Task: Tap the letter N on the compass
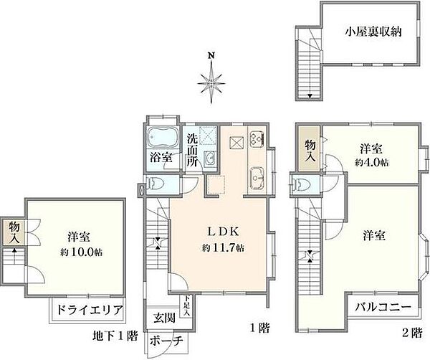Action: coord(211,55)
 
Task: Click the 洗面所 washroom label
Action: coord(193,150)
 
